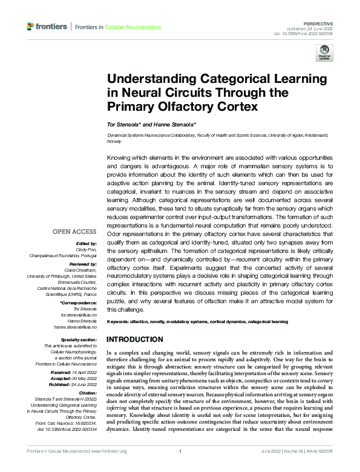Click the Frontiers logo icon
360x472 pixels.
pos(31,27)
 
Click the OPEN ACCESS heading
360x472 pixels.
pos(74,231)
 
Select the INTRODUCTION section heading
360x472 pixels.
pos(134,339)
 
